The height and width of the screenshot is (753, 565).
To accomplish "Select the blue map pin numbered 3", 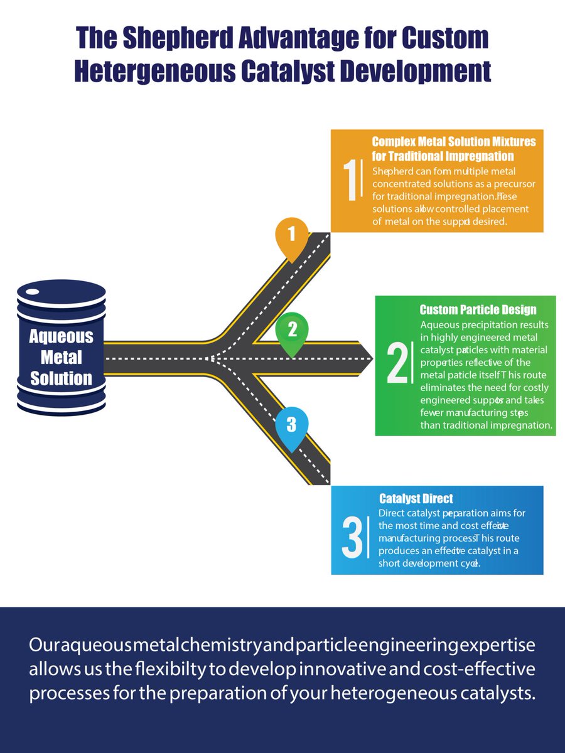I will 291,425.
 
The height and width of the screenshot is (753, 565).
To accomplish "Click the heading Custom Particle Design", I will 478,309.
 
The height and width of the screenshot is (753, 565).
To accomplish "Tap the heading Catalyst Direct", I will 416,499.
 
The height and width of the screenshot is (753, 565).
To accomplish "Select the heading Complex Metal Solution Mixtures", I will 454,141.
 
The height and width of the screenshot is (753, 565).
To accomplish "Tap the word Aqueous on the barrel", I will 61,336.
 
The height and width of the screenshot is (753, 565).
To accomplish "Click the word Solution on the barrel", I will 61,378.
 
